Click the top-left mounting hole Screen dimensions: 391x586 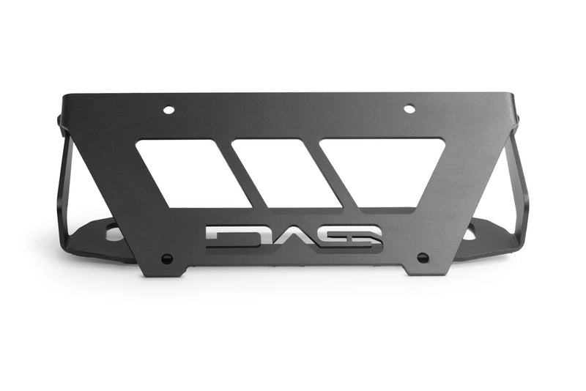[x=168, y=110]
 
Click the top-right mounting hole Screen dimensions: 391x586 [x=409, y=109]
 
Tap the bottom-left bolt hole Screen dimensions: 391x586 [x=167, y=258]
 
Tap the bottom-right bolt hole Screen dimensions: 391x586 [x=423, y=257]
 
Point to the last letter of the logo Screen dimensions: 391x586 [x=359, y=237]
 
